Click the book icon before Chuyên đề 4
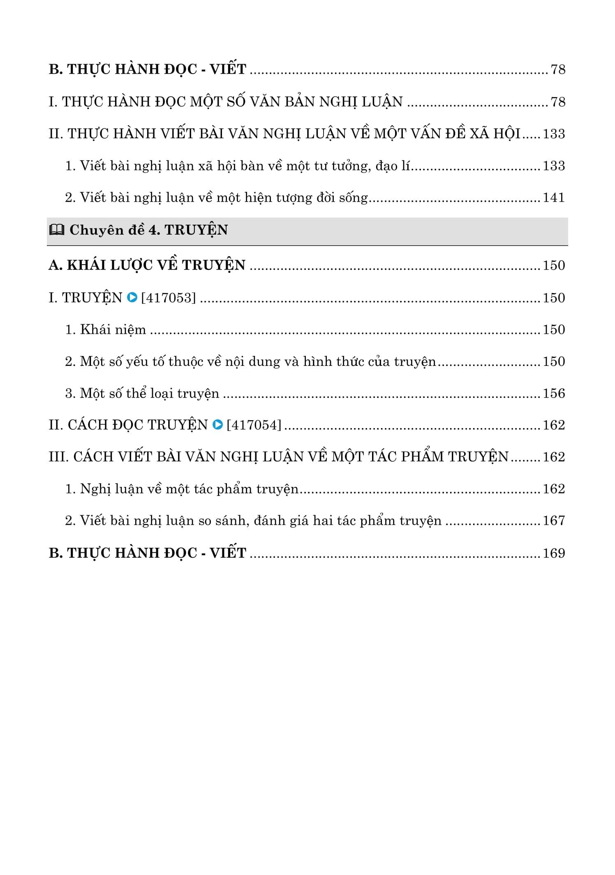tap(56, 230)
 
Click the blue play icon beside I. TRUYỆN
tap(132, 297)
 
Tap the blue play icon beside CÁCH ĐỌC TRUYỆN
tap(217, 424)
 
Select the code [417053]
tap(169, 298)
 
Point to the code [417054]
tap(254, 425)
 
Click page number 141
tap(554, 198)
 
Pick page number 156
tap(554, 393)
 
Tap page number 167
tap(554, 521)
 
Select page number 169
tap(554, 553)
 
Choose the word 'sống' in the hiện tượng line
tap(354, 198)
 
